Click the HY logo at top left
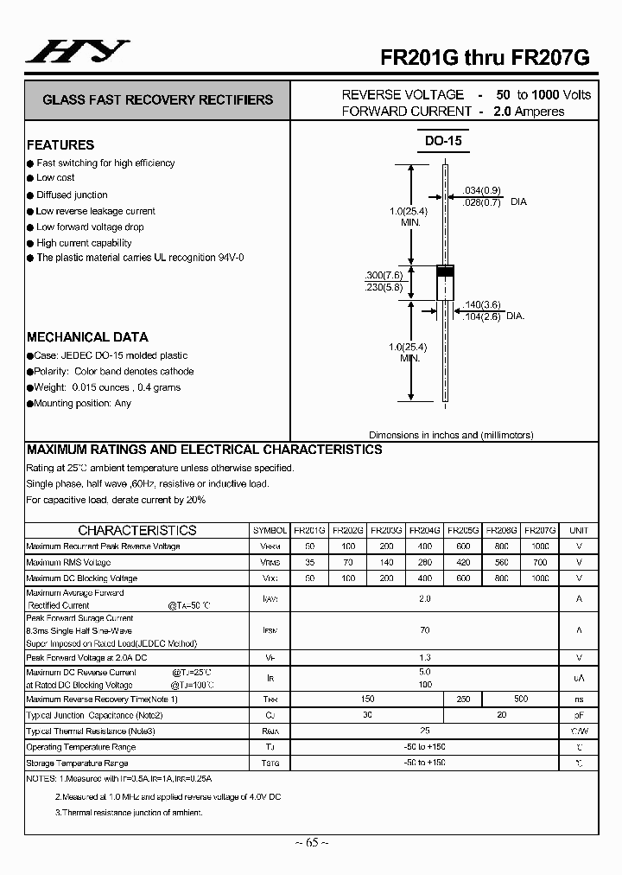77,53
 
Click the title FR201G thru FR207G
486,58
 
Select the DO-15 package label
443,141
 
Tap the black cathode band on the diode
444,271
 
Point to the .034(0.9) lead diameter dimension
482,190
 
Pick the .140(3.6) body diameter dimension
482,304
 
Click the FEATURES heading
60,145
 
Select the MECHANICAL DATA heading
87,337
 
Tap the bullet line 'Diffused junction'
72,195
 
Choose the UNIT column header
579,530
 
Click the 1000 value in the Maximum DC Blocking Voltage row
540,578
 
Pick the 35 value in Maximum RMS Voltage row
309,562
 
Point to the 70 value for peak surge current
424,630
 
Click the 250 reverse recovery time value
463,699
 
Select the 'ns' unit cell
579,699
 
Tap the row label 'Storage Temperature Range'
77,763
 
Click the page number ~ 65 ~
310,842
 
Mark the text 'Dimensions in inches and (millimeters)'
451,435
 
